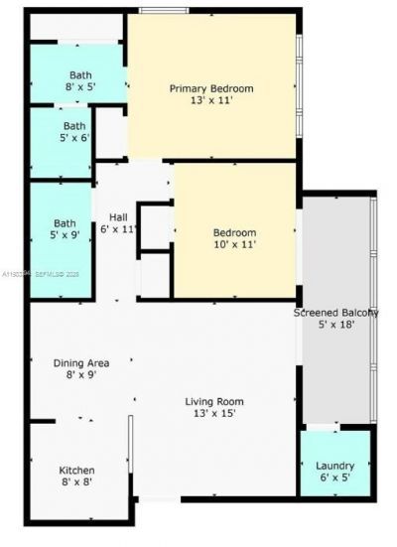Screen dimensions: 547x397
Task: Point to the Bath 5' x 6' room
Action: (x=74, y=132)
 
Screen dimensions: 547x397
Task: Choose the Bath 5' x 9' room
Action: (x=65, y=230)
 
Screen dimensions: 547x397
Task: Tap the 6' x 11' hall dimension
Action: (x=118, y=229)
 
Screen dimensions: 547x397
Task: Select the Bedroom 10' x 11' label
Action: (x=235, y=233)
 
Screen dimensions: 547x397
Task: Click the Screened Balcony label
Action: (x=335, y=313)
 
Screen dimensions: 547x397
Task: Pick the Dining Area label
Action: (x=81, y=362)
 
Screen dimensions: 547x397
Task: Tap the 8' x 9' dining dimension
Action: (x=81, y=375)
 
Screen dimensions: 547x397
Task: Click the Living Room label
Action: (x=213, y=401)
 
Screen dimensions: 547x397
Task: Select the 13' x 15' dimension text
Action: (x=213, y=414)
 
